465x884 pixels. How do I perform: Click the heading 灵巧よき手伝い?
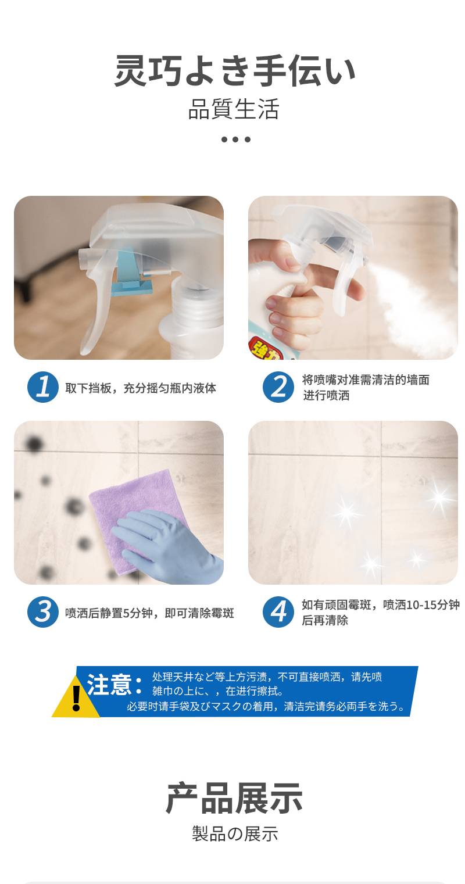coord(234,71)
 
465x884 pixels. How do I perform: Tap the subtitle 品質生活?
coord(234,109)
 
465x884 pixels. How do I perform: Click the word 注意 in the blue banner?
coord(109,685)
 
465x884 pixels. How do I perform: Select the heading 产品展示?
coord(234,798)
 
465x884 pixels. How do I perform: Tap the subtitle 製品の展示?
coord(235,834)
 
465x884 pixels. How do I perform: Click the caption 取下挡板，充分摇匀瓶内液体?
coord(141,388)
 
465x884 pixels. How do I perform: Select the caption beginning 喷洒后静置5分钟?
coord(149,613)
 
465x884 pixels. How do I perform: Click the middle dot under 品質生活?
coord(235,139)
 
